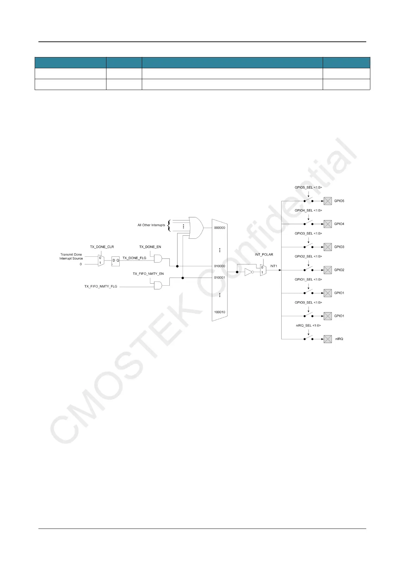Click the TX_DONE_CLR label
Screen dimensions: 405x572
tap(102, 247)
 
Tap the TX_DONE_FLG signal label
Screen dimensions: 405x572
tap(134, 258)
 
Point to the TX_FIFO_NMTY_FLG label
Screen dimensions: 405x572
tap(101, 287)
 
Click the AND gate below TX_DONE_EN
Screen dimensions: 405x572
tap(158, 258)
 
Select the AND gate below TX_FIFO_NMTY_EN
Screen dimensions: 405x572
tap(158, 285)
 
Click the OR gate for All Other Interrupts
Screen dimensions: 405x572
tap(196, 228)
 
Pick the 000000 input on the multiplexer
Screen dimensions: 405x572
tap(219, 228)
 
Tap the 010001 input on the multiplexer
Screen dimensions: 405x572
tap(219, 278)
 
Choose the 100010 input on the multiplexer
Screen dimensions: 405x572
tap(219, 312)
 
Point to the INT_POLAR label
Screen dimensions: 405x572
tap(264, 254)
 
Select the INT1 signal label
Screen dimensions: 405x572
tap(274, 266)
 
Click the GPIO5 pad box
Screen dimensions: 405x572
tap(327, 201)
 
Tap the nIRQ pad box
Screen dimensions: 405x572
tap(327, 339)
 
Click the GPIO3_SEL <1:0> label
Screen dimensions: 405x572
tap(308, 233)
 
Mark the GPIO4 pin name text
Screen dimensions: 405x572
tap(339, 224)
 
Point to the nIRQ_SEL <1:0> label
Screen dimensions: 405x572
tap(308, 325)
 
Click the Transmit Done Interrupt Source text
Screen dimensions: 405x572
tap(71, 256)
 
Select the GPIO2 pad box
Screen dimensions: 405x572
tap(327, 270)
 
